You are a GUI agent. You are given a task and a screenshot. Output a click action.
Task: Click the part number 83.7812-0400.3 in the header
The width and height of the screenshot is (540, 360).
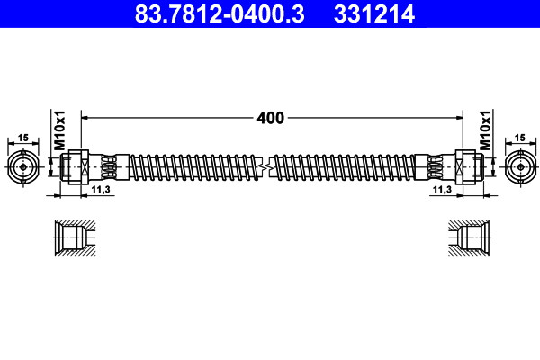[220, 13]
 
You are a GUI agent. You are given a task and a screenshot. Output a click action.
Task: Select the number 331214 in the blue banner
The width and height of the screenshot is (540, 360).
[374, 13]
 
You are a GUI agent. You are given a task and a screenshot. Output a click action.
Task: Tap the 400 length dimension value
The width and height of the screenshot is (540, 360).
[271, 118]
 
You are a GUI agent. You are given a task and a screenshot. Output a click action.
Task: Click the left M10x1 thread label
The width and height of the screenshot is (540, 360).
[59, 130]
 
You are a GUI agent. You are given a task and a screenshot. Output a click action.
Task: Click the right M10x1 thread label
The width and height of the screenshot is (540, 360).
[485, 130]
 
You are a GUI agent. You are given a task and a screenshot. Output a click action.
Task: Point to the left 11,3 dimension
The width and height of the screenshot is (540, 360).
[101, 189]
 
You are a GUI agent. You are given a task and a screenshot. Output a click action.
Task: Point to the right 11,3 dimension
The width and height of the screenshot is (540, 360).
[442, 189]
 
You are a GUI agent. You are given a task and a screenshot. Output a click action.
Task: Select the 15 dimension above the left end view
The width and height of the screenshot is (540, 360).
[23, 138]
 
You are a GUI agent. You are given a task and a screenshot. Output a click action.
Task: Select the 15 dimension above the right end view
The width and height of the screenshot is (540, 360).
[519, 138]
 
